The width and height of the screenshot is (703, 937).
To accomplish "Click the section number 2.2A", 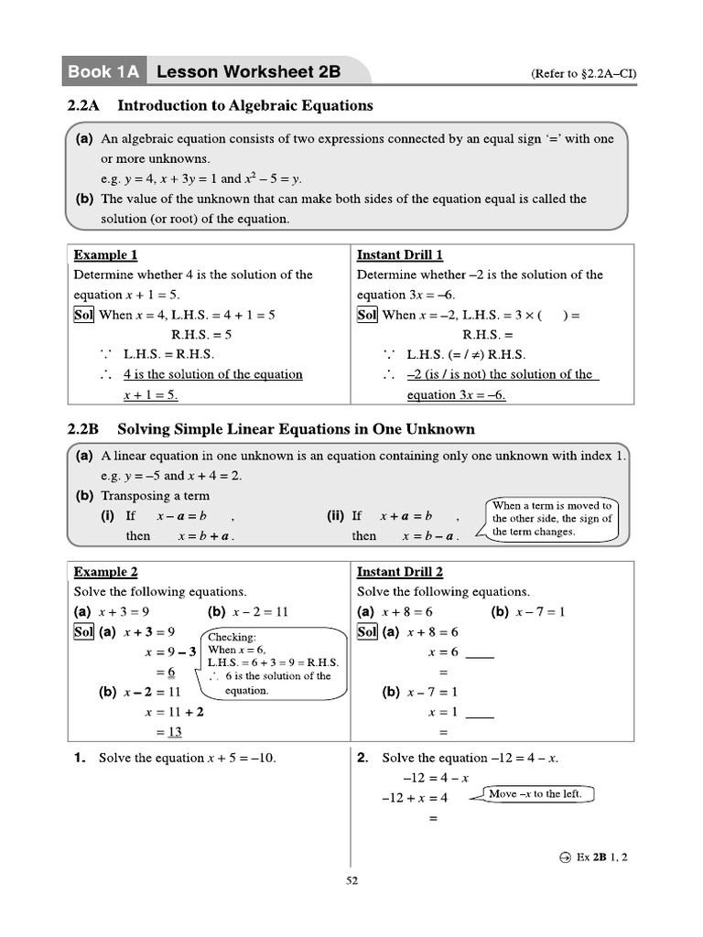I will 83,105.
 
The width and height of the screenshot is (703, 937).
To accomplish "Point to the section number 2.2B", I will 83,429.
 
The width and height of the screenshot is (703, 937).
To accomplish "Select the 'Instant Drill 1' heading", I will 400,254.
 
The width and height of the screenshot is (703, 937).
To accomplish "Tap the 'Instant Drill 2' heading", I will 400,572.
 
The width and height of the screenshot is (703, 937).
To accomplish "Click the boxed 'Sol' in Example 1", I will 84,315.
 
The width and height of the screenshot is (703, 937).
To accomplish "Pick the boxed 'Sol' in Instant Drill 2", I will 367,632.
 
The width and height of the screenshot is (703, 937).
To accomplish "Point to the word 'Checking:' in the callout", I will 233,637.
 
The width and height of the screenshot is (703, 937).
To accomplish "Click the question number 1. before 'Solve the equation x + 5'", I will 81,758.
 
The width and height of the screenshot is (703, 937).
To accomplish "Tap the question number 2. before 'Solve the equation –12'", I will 362,758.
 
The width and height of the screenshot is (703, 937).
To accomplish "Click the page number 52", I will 351,881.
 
